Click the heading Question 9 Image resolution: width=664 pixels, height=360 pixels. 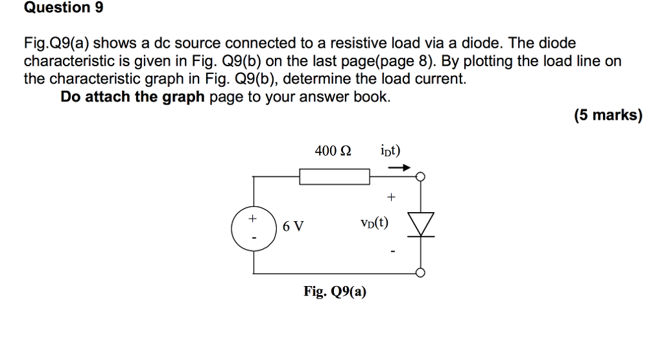(x=64, y=8)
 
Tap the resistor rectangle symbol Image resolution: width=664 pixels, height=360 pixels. (x=334, y=176)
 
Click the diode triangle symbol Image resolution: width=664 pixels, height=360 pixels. (x=421, y=224)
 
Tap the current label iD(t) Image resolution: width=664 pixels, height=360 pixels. (x=391, y=151)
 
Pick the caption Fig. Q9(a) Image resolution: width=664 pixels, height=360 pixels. (x=335, y=292)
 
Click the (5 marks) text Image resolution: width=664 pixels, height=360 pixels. (x=608, y=116)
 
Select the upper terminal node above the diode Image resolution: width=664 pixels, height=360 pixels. (x=421, y=176)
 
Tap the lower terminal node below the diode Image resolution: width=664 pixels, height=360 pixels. (x=421, y=273)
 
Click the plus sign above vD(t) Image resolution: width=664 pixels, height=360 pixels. (x=391, y=196)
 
